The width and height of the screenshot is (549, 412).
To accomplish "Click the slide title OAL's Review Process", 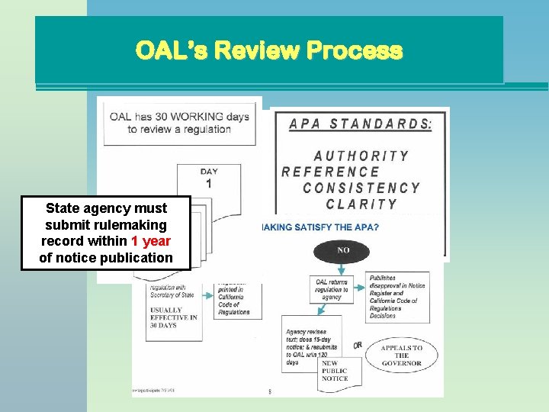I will click(x=268, y=51).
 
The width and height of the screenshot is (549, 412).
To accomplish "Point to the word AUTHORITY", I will click(x=361, y=156).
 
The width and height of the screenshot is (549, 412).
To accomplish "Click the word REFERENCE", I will click(x=330, y=172).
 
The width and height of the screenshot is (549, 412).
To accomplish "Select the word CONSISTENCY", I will click(x=361, y=188).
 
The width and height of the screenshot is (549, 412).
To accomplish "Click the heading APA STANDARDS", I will click(x=360, y=124).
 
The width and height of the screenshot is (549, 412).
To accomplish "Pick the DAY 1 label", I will click(x=209, y=179).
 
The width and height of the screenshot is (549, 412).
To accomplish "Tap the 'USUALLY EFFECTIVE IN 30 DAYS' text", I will click(x=172, y=317).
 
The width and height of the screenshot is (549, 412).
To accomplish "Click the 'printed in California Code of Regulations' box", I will click(x=238, y=300).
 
